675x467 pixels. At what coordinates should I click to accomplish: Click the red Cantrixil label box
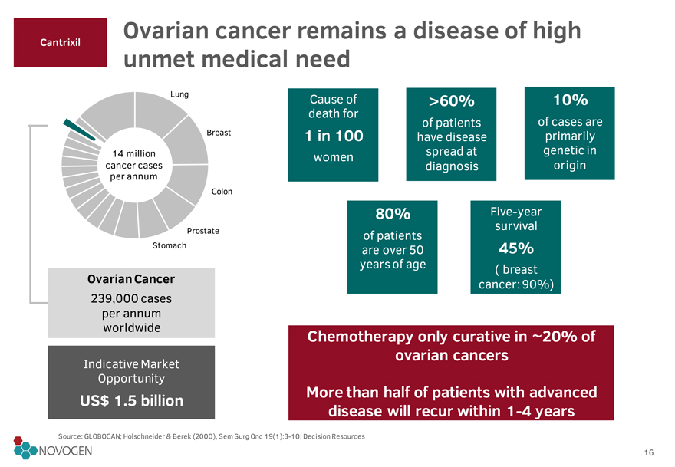[x=61, y=42]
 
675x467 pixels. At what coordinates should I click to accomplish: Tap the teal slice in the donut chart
[x=79, y=130]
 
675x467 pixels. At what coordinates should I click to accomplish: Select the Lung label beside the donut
[x=179, y=94]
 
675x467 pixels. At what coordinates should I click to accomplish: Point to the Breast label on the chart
[x=219, y=133]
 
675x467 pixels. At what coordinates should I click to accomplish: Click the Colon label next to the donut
[x=222, y=192]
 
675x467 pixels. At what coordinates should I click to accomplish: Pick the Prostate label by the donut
[x=202, y=231]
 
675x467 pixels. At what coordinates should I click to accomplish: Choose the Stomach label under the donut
[x=170, y=245]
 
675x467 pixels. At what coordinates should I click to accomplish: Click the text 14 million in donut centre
[x=134, y=153]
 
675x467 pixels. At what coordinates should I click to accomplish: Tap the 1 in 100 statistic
[x=334, y=136]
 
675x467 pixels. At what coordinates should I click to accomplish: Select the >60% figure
[x=451, y=100]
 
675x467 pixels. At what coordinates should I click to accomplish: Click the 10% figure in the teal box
[x=570, y=100]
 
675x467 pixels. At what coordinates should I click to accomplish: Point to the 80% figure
[x=393, y=213]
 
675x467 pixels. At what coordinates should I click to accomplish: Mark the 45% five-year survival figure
[x=516, y=248]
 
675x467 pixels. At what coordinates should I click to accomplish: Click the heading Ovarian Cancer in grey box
[x=131, y=279]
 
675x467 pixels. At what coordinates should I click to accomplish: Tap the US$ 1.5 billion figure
[x=131, y=401]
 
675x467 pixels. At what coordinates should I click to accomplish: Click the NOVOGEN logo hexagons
[x=24, y=448]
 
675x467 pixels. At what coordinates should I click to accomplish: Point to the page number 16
[x=649, y=452]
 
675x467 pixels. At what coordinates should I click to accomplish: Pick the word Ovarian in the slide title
[x=166, y=31]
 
